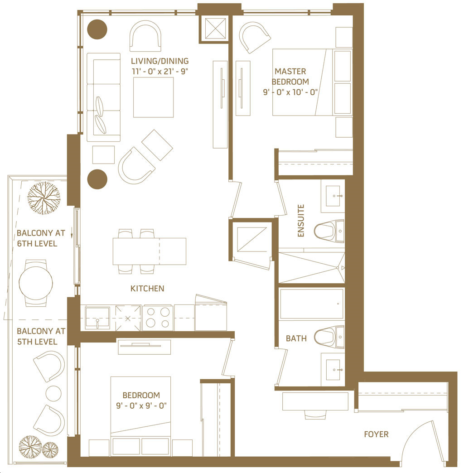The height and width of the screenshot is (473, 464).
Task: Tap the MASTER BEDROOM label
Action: [290, 77]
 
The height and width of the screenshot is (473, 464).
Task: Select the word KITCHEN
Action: [147, 289]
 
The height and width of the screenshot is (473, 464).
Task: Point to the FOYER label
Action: [376, 434]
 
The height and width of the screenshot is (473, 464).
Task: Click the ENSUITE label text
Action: [301, 221]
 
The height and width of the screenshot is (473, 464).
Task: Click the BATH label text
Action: [296, 338]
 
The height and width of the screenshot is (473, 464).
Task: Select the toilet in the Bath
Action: [329, 337]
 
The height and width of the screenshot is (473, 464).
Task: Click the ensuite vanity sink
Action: [333, 196]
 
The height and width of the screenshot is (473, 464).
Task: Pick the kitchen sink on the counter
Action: [97, 318]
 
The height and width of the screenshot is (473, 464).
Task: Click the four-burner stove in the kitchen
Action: [158, 318]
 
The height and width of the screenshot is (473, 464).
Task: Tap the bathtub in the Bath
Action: [312, 304]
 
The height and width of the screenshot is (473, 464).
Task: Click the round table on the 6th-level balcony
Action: [36, 283]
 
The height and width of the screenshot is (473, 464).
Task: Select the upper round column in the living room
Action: [97, 29]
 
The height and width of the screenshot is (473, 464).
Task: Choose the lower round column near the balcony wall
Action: [97, 179]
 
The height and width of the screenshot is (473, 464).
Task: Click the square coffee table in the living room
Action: [154, 97]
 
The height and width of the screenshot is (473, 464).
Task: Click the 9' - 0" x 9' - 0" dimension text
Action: [141, 405]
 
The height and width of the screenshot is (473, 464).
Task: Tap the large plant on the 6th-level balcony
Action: [44, 198]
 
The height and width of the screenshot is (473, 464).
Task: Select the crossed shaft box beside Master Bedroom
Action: [215, 29]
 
